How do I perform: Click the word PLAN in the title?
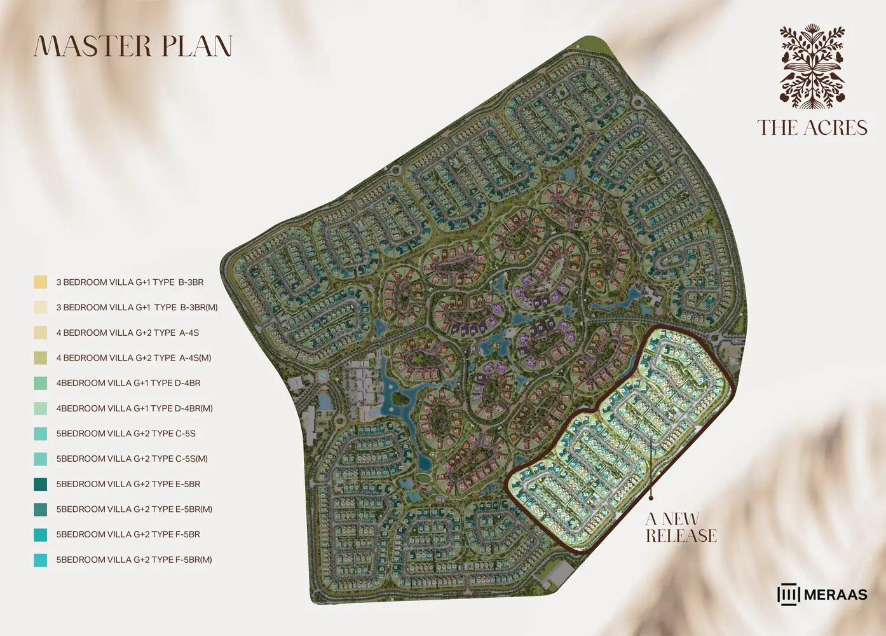(197, 46)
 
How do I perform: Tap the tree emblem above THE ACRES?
(812, 67)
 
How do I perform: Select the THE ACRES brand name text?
(812, 128)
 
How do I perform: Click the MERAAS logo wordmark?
(835, 595)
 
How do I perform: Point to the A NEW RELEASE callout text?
(681, 528)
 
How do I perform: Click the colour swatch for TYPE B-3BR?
(41, 282)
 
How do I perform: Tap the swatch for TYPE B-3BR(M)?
(41, 307)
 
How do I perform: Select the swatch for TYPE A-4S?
(41, 333)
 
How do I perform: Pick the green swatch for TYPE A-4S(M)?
(41, 357)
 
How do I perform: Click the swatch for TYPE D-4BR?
(41, 383)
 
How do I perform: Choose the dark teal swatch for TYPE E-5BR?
(41, 484)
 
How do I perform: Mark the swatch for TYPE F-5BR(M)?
(41, 560)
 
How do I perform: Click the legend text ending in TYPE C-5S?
(126, 434)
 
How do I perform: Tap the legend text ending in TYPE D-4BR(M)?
(134, 408)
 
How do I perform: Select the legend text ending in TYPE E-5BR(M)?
(134, 509)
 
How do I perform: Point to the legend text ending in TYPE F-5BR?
(128, 534)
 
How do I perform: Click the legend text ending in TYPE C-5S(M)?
(132, 459)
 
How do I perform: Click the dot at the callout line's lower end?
(651, 499)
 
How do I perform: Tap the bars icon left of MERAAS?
(788, 595)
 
